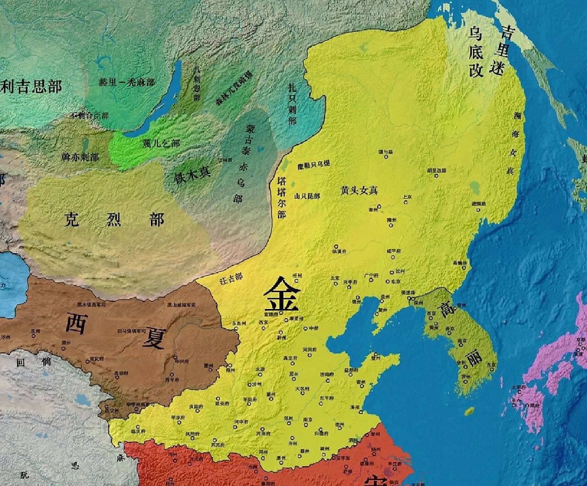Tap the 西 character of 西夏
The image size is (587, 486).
[77, 323]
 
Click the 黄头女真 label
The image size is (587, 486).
[359, 191]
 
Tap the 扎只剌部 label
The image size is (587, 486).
[292, 104]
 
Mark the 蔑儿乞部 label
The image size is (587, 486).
[161, 143]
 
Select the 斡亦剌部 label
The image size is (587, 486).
[80, 157]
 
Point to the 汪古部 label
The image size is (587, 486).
[231, 279]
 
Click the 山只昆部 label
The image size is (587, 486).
[307, 196]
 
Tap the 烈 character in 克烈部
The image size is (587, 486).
[114, 219]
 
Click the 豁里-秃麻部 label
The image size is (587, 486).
[127, 82]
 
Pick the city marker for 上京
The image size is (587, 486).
[406, 202]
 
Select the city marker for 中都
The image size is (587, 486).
[306, 328]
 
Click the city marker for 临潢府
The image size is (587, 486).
[336, 246]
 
